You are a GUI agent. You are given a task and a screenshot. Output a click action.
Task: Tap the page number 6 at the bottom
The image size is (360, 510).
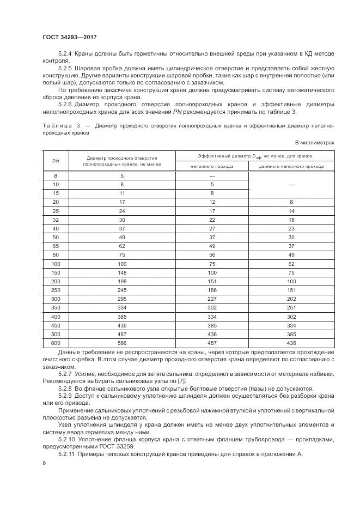[x=44, y=463]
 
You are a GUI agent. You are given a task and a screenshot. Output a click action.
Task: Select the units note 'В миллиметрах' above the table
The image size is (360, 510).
[x=314, y=143]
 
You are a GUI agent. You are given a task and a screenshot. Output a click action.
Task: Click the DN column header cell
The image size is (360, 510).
[x=56, y=161]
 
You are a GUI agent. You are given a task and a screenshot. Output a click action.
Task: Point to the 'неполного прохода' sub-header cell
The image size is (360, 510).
[x=212, y=166]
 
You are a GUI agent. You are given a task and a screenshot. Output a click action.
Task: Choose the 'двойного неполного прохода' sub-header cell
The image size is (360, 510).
[x=291, y=166]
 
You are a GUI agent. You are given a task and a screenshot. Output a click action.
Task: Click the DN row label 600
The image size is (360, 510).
[x=56, y=344]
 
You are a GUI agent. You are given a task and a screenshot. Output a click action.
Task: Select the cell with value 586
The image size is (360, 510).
[x=122, y=344]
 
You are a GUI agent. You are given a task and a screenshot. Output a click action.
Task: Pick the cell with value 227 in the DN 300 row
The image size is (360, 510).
[x=212, y=299]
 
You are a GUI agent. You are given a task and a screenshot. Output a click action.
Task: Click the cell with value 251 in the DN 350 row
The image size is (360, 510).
[x=291, y=308]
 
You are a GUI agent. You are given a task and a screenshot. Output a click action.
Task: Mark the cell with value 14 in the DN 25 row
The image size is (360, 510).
[x=291, y=210]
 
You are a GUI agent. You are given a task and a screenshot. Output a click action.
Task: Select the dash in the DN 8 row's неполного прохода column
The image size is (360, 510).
[x=212, y=175]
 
